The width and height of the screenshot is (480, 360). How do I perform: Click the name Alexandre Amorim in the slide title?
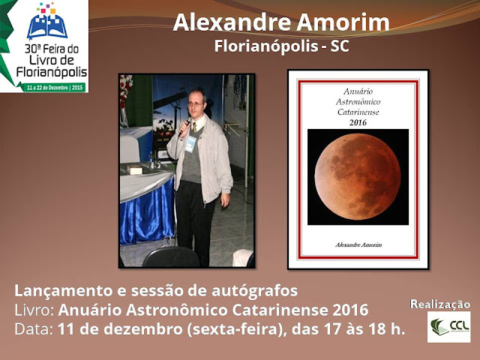pos(281,22)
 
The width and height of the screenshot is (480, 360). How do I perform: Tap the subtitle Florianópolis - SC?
pos(282,46)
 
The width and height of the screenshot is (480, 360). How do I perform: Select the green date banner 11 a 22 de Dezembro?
pos(55,88)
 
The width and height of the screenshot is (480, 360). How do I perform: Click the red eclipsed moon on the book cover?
pos(358,177)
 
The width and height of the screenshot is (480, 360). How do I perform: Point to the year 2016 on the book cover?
pos(358,123)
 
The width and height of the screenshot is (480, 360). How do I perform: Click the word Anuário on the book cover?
pos(358,91)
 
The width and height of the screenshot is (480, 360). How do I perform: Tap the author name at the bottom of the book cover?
pos(358,244)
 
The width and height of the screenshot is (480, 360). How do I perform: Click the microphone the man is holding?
pos(184,127)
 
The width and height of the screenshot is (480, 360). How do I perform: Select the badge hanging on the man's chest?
pos(190,144)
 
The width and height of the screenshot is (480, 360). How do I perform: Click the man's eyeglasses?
pos(195,104)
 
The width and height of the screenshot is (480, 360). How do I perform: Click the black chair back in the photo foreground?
pos(171,257)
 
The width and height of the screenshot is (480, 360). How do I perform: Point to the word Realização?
pos(440,304)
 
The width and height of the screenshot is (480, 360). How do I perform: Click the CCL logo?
pos(448,327)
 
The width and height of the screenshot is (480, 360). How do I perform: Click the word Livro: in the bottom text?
pos(34,310)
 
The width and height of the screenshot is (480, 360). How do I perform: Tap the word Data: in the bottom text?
pos(34,329)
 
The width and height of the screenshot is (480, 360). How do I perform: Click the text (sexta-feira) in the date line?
pos(238,330)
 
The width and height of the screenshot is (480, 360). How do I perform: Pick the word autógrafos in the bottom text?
pos(255,291)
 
